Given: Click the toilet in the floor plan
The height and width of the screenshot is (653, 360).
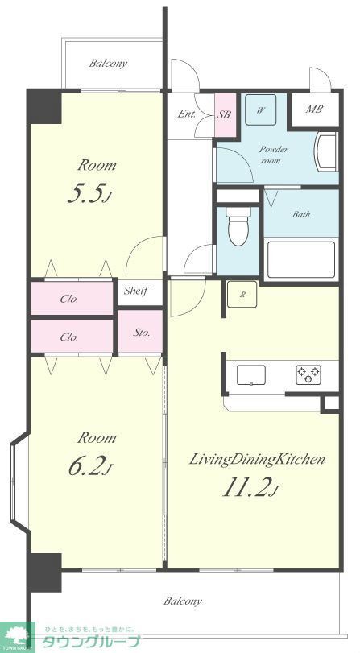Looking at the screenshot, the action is pos(238,225).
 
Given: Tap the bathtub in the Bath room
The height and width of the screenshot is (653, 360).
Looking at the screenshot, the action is pos(301,259).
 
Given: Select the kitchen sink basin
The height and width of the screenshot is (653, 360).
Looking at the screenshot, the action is pos(251,374).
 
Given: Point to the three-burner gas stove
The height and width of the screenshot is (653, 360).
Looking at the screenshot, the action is pos(308,374).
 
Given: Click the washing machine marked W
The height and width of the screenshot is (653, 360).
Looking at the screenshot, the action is pos(260,110).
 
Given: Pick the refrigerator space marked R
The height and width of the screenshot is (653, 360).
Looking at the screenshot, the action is pos(242,294).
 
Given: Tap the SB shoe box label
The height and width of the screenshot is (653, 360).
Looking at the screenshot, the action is pos(224,115).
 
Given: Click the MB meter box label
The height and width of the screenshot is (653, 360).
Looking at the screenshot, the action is pos(315,110).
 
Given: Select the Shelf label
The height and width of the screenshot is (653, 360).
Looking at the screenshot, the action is pos(137,291).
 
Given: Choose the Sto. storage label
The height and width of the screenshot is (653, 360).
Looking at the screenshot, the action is pos(142,333).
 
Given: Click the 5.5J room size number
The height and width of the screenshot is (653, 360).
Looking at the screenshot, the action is pos(90,195).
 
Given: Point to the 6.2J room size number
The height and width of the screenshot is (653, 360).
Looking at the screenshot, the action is pos(90,467).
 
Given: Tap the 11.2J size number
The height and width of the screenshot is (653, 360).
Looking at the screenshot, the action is pos(250,488).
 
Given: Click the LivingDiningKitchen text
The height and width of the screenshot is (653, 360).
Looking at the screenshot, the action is pos(257,460).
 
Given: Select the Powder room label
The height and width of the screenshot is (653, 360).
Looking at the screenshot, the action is pos(274,155).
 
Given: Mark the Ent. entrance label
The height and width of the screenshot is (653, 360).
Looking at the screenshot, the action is pos(187,114).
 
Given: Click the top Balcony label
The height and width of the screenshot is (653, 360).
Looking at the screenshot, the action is pos(108,64).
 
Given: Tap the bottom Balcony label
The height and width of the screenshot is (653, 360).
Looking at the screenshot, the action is pos(183,601).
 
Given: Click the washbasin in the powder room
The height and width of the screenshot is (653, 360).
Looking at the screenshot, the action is pos(327,151).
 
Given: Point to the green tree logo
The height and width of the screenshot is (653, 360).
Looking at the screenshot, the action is pos(17,637).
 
